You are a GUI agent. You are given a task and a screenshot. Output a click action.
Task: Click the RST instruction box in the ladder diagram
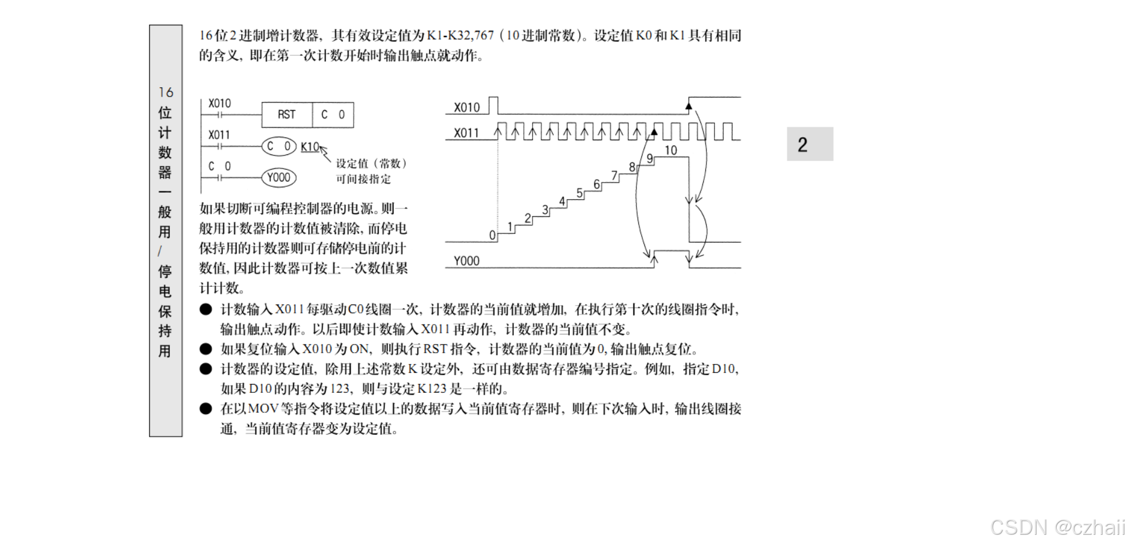tap(287, 115)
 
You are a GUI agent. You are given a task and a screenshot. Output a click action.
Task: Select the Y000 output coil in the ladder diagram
tap(279, 177)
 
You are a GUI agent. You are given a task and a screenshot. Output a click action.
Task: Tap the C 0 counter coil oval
tap(279, 146)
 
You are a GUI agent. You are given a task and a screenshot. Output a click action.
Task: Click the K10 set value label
tap(309, 147)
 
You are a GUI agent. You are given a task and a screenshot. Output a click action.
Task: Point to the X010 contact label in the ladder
tap(220, 103)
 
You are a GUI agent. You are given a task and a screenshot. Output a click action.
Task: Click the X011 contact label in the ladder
tap(219, 135)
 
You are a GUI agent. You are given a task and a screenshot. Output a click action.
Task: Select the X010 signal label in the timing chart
tap(467, 107)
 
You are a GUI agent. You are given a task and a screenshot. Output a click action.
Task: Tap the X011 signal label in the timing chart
tap(467, 133)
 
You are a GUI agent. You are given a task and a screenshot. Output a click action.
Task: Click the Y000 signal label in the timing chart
tap(467, 261)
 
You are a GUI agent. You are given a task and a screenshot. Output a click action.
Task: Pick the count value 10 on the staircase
tap(671, 150)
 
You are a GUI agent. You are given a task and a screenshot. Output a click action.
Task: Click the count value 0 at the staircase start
tap(492, 235)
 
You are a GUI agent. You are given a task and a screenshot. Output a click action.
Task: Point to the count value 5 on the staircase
tap(579, 193)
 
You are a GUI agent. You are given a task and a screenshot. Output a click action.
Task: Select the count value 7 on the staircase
tap(614, 176)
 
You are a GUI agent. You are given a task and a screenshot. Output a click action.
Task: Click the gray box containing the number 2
tap(810, 144)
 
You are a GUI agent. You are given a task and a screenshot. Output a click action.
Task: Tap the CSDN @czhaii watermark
tap(1057, 527)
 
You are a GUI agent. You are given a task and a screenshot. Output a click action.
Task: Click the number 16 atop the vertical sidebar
tap(166, 92)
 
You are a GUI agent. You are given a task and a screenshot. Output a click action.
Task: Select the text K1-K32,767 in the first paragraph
tap(460, 35)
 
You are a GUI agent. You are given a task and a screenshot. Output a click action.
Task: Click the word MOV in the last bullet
tap(263, 409)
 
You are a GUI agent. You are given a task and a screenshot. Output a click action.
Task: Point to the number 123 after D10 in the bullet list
tap(340, 389)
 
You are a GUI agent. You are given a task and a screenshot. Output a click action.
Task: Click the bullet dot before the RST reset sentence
tap(206, 349)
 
